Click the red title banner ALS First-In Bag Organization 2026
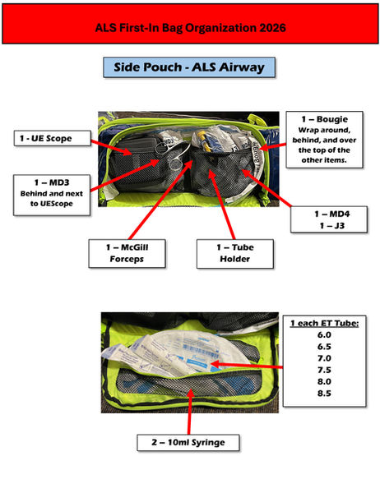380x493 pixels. [190, 27]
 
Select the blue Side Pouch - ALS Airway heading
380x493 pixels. [190, 67]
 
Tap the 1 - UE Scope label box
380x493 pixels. [44, 139]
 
